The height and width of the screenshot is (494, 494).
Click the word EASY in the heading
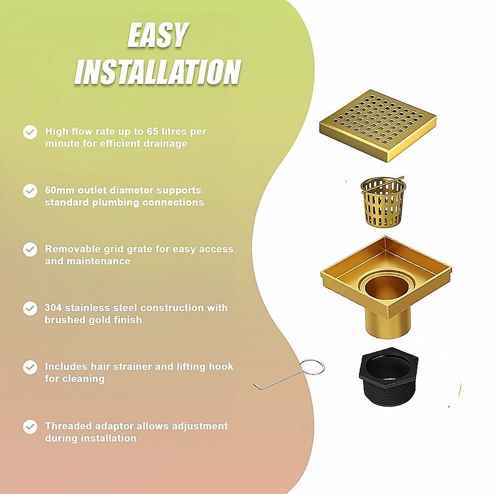(x=158, y=35)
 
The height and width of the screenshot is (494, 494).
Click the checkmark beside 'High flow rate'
(x=30, y=132)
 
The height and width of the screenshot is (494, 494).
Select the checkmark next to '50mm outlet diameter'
(x=30, y=191)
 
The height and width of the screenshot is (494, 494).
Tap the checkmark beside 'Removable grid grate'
(x=30, y=250)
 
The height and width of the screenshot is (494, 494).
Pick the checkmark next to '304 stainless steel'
(x=30, y=309)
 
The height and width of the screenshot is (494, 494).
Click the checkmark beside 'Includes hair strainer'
(x=30, y=368)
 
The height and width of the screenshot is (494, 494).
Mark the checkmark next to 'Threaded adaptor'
(x=30, y=427)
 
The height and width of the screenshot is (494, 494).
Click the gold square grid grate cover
(x=378, y=125)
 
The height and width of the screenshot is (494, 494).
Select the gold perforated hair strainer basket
(x=383, y=202)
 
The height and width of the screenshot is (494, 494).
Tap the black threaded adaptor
(x=389, y=377)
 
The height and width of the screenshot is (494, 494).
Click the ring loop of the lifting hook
(x=312, y=367)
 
